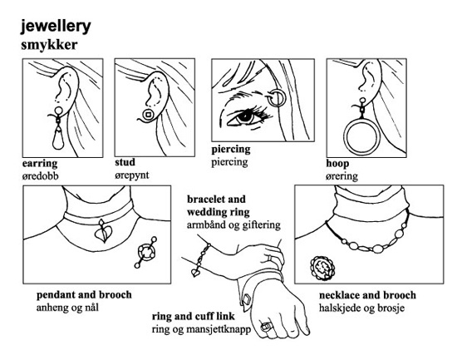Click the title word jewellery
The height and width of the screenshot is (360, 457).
point(56,27)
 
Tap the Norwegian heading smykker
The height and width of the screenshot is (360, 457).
point(49,45)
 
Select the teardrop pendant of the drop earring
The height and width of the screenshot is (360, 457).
point(60,138)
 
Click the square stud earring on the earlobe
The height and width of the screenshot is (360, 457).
point(148,115)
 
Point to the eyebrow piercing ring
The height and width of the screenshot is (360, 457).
point(276,98)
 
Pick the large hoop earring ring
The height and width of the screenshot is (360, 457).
point(362,135)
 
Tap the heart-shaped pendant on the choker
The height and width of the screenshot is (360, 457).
point(103,232)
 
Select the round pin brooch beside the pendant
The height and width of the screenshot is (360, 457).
point(146,252)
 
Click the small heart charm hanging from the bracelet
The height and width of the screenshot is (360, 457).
point(195,273)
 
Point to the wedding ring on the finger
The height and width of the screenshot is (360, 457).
point(270,259)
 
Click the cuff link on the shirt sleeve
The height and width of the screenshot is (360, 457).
point(247,299)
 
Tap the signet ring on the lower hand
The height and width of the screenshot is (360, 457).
point(266,327)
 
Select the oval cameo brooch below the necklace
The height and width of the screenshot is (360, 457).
point(322,268)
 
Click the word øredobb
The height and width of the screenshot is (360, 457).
point(40,176)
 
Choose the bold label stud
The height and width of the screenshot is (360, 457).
point(125,162)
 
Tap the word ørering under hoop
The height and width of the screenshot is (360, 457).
point(342,176)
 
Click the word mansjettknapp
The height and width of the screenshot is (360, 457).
point(219,329)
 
